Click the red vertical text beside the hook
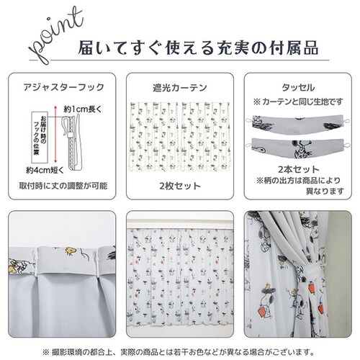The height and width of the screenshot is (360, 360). pos(42,137)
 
